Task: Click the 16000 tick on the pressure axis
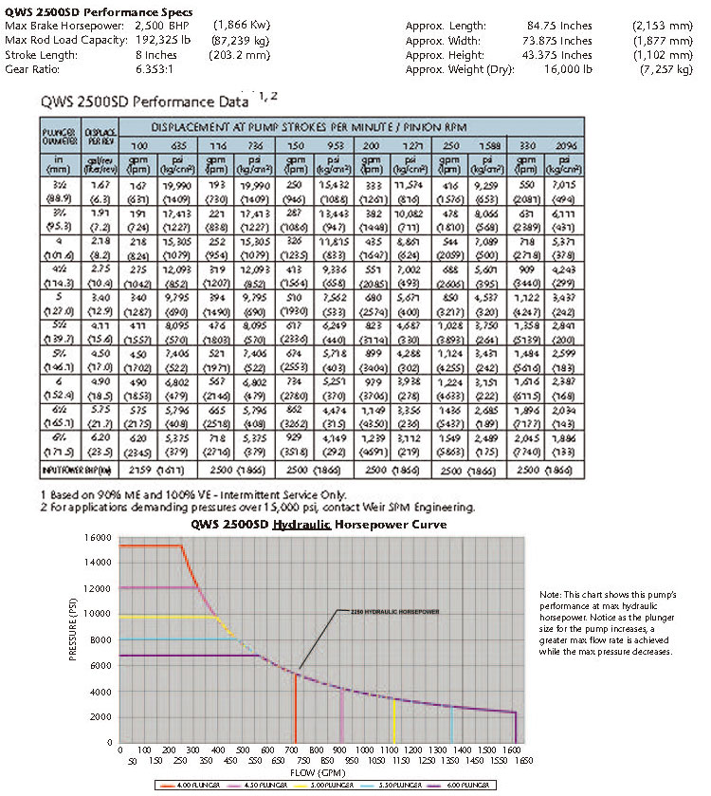point(101,537)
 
